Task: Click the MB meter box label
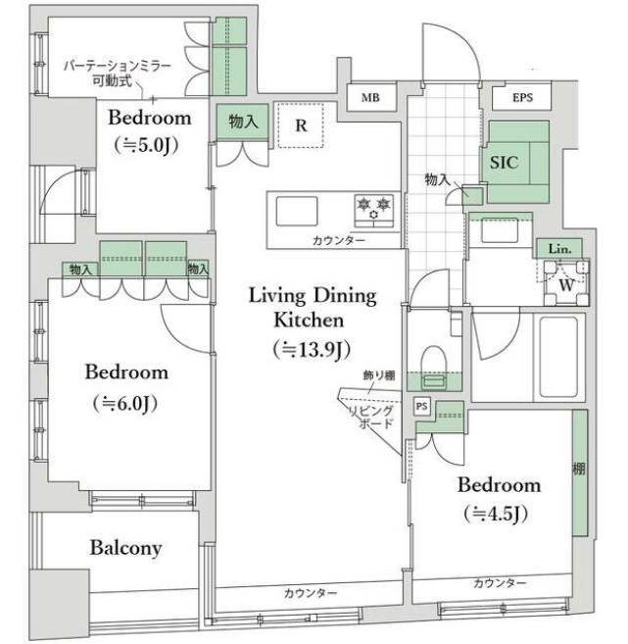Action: click(370, 98)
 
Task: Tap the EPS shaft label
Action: click(522, 98)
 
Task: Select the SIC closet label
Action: click(504, 163)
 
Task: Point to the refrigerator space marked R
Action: click(301, 125)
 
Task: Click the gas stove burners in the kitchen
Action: click(374, 211)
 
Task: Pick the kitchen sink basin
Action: click(297, 211)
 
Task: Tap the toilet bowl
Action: click(434, 366)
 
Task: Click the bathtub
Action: click(559, 358)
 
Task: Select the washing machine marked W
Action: click(566, 282)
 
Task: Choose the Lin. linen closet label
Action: click(559, 249)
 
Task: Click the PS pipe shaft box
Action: click(421, 407)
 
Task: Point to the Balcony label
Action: click(126, 548)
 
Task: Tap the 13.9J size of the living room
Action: click(312, 350)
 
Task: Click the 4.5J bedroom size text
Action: click(496, 514)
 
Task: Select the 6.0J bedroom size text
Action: click(125, 404)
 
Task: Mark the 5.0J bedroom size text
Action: click(147, 145)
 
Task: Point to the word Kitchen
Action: click(309, 321)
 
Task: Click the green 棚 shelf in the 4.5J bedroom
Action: click(580, 472)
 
